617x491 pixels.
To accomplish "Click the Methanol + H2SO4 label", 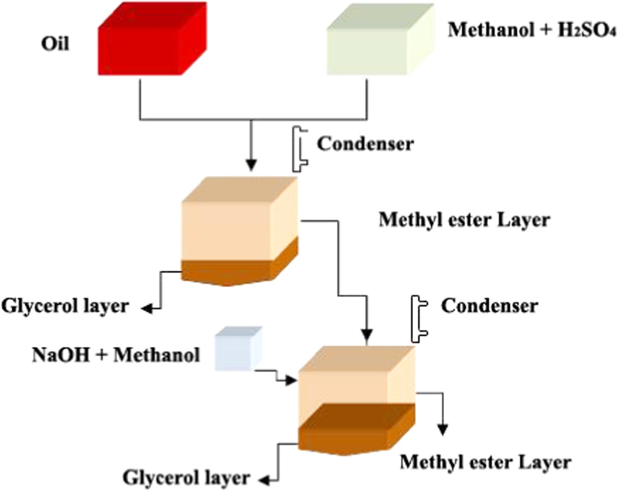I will (525, 31).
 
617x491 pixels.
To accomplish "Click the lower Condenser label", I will (489, 306).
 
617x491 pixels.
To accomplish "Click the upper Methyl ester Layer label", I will (464, 219).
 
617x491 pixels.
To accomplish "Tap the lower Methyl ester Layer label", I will (485, 463).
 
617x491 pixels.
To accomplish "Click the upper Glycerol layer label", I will (65, 306).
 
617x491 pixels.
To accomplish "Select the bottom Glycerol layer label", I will (186, 477).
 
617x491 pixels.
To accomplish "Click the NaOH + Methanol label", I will (116, 354).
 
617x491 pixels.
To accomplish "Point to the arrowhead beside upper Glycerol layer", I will (148, 309).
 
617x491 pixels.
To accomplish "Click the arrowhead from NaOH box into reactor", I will (294, 381).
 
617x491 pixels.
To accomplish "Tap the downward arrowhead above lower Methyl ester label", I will (444, 430).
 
